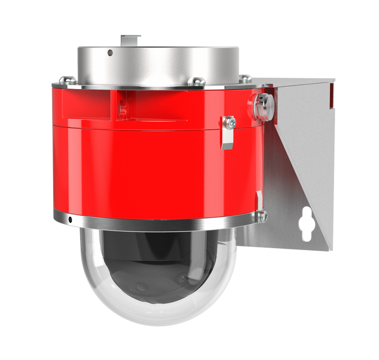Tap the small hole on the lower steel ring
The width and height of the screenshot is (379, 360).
(x=70, y=219)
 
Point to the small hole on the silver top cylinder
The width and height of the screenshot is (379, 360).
(x=110, y=53)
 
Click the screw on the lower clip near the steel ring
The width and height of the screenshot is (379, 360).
(x=262, y=216)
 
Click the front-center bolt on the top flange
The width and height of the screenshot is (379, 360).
(x=197, y=81)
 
